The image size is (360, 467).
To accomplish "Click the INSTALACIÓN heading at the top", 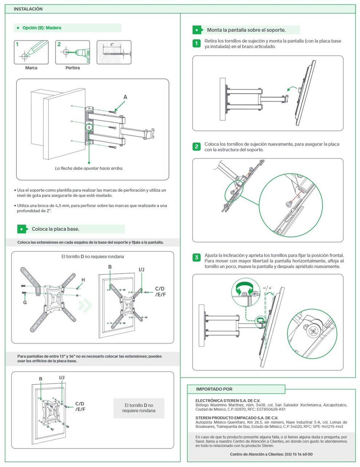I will (x=28, y=9).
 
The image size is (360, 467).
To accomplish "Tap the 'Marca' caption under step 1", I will (x=31, y=68).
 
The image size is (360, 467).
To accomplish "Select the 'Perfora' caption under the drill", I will (x=73, y=68).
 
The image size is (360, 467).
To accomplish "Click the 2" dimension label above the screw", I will (x=112, y=44).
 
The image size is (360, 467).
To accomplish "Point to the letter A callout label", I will (x=125, y=97).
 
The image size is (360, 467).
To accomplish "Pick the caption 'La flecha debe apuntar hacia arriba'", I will (x=89, y=169).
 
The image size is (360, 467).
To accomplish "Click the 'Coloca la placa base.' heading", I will (x=56, y=229).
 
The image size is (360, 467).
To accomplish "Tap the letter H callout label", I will (x=83, y=280).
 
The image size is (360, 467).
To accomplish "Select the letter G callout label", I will (x=25, y=302).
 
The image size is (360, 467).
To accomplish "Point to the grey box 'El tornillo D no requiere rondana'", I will (x=139, y=408).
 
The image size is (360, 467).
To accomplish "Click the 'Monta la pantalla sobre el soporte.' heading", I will (x=246, y=30).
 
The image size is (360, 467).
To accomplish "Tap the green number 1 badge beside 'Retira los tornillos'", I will (x=196, y=44).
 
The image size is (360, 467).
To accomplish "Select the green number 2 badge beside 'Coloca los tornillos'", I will (x=196, y=147).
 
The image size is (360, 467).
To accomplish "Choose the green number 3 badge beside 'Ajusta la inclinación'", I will (x=196, y=258).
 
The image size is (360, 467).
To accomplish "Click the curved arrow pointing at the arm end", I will (x=291, y=88).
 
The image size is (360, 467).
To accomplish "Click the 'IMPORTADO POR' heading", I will (x=214, y=389).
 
